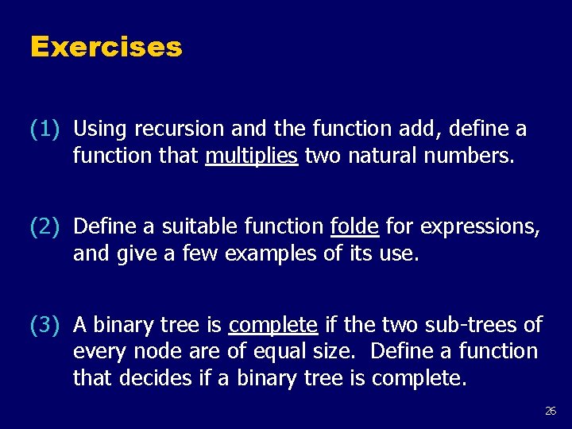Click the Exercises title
pyautogui.click(x=106, y=47)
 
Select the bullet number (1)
pyautogui.click(x=44, y=129)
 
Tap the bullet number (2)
pyautogui.click(x=44, y=227)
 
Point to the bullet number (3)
pyautogui.click(x=44, y=325)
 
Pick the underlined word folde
pyautogui.click(x=354, y=227)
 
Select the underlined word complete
pyautogui.click(x=272, y=325)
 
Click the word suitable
pyautogui.click(x=194, y=227)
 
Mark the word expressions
pyautogui.click(x=481, y=227)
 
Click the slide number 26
pyautogui.click(x=551, y=411)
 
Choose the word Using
pyautogui.click(x=101, y=129)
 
